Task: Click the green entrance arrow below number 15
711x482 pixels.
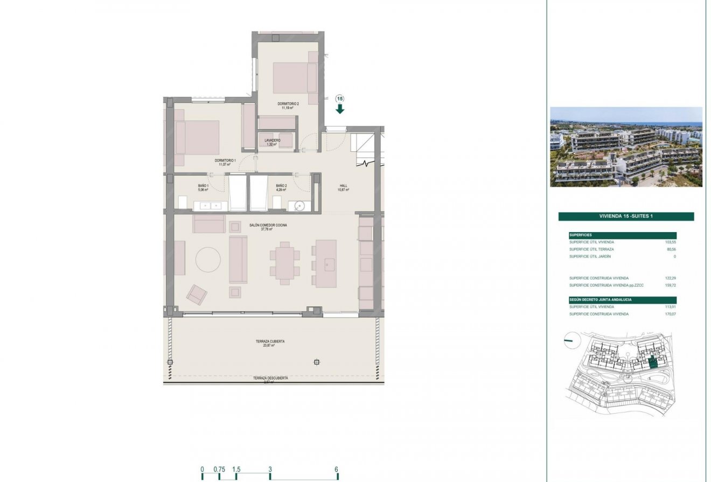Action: [x=340, y=109]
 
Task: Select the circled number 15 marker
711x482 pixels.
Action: [x=340, y=99]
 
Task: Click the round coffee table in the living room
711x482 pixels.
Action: [x=208, y=260]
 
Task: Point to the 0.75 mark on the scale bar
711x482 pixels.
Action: [x=219, y=469]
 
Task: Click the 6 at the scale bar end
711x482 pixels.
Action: [x=337, y=469]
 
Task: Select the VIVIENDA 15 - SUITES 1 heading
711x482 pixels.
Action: [x=626, y=216]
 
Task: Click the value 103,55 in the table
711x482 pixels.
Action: [x=670, y=242]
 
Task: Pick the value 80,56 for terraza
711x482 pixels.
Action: [x=670, y=249]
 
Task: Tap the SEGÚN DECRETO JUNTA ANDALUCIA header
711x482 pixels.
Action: [x=601, y=299]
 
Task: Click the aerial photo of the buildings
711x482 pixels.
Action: [x=626, y=147]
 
